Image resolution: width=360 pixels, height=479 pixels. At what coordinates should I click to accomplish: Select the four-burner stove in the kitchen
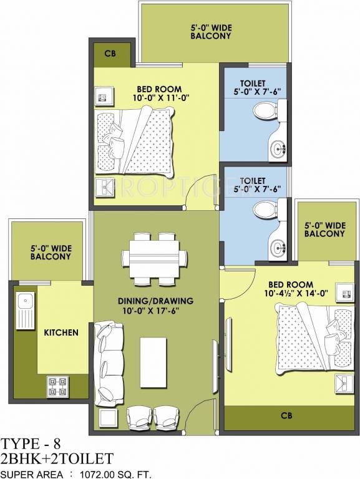pyautogui.click(x=56, y=386)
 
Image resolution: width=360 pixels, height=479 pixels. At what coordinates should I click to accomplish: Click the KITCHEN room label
pyautogui.click(x=61, y=332)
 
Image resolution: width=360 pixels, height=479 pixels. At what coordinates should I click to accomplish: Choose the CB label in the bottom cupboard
pyautogui.click(x=287, y=415)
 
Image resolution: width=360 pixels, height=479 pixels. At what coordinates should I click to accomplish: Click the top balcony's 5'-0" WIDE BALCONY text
pyautogui.click(x=210, y=32)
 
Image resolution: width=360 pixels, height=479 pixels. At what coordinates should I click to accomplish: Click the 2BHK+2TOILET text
pyautogui.click(x=57, y=460)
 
